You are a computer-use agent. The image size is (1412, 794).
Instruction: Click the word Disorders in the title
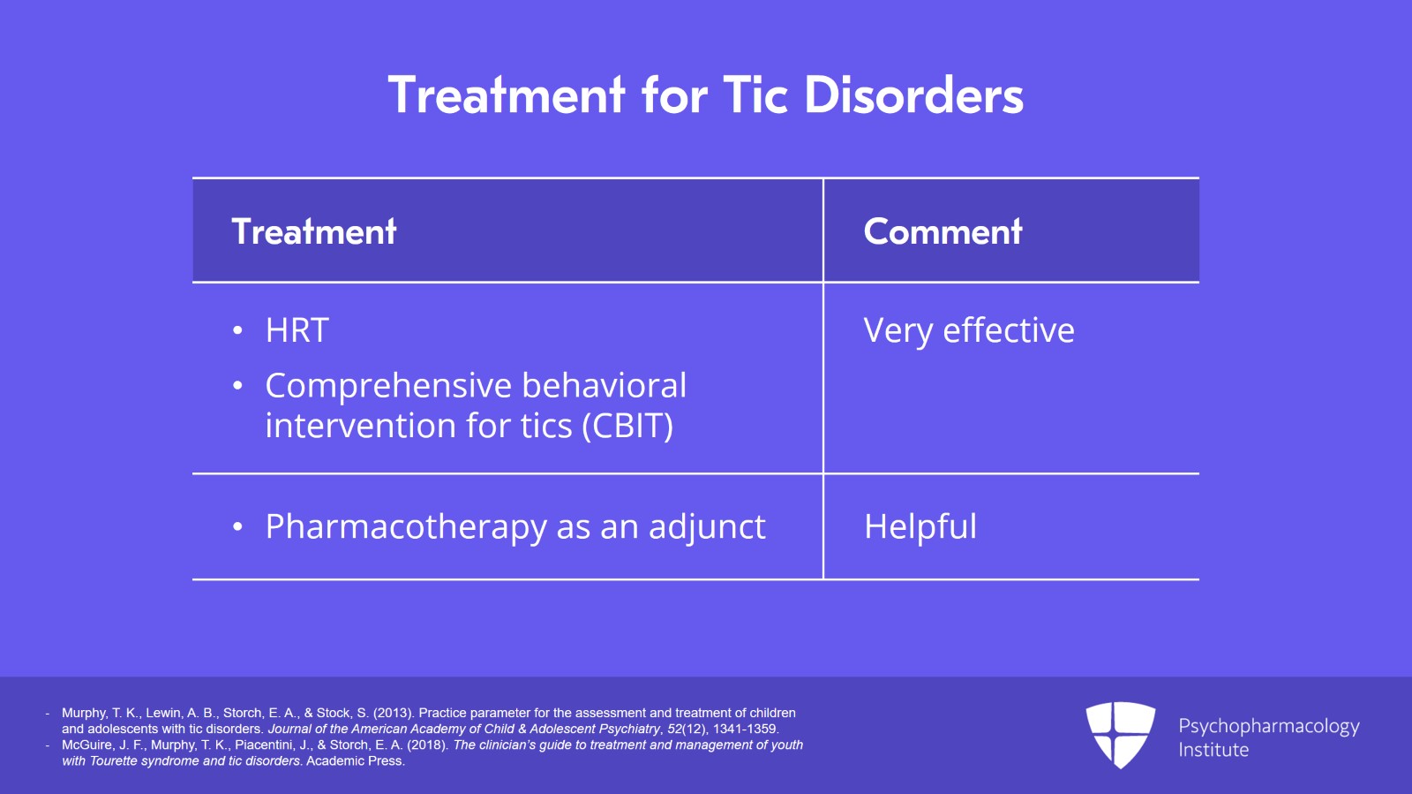tap(914, 95)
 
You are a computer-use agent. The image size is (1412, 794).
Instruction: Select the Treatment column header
tap(314, 231)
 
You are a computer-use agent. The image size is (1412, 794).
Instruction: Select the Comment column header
tap(943, 231)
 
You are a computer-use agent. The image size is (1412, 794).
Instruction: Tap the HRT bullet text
tap(297, 329)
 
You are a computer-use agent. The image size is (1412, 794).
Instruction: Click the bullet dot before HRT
tap(237, 330)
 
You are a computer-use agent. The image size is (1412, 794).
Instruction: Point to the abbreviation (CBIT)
tap(627, 426)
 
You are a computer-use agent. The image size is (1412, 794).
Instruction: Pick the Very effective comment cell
tap(969, 331)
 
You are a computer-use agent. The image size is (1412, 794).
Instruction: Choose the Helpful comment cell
tap(920, 526)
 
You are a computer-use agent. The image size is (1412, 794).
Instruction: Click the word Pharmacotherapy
tap(406, 527)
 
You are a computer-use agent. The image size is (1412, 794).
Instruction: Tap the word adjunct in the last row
tap(707, 527)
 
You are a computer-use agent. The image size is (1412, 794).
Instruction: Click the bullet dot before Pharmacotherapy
tap(237, 526)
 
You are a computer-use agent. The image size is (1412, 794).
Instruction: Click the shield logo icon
tap(1120, 735)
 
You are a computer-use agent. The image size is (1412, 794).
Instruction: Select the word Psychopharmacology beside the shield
tap(1269, 727)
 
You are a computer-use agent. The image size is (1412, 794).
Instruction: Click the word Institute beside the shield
tap(1213, 750)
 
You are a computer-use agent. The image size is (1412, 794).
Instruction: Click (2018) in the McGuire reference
tap(427, 745)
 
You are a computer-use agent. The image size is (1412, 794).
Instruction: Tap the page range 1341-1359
tap(746, 729)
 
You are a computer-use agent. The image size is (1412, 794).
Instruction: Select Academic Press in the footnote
tap(355, 761)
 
